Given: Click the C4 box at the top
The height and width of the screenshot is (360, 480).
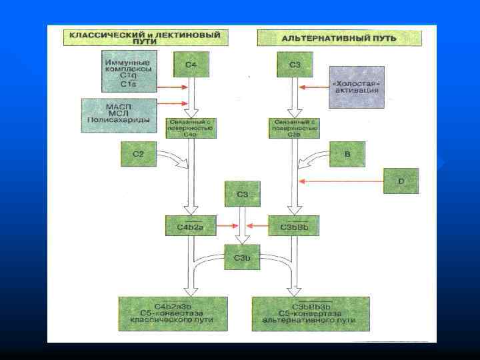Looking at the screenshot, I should (x=191, y=65).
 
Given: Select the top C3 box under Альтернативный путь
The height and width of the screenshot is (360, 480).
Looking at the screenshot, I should (x=295, y=65).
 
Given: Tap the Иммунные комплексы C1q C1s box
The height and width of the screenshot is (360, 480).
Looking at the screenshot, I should (x=129, y=71).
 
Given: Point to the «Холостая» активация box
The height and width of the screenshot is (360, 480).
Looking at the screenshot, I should (x=357, y=87).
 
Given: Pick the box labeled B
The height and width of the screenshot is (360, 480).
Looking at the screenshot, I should (x=347, y=154).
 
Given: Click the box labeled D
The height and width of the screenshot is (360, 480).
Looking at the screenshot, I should (x=401, y=180).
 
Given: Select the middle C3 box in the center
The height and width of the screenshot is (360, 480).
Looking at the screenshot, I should (x=243, y=194).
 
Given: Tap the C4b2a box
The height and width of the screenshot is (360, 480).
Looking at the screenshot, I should (x=191, y=225).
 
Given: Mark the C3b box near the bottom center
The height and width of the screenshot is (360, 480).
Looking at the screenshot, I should (x=243, y=257).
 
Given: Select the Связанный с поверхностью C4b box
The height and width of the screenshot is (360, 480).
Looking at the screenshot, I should (x=191, y=128).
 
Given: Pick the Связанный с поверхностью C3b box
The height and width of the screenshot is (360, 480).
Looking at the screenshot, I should (x=295, y=128).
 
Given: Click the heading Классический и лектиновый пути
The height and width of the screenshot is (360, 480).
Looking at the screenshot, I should (x=145, y=36).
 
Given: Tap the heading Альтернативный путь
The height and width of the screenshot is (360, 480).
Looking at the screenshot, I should (x=339, y=37).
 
